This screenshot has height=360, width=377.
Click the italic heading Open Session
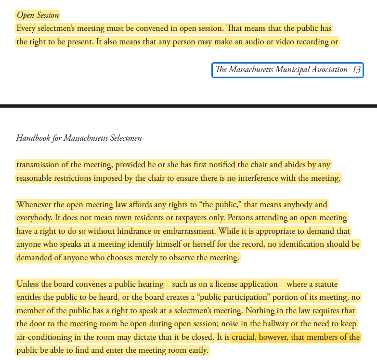pyautogui.click(x=38, y=15)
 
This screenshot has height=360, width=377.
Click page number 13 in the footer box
pyautogui.click(x=356, y=70)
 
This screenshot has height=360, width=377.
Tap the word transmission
pyautogui.click(x=40, y=165)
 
